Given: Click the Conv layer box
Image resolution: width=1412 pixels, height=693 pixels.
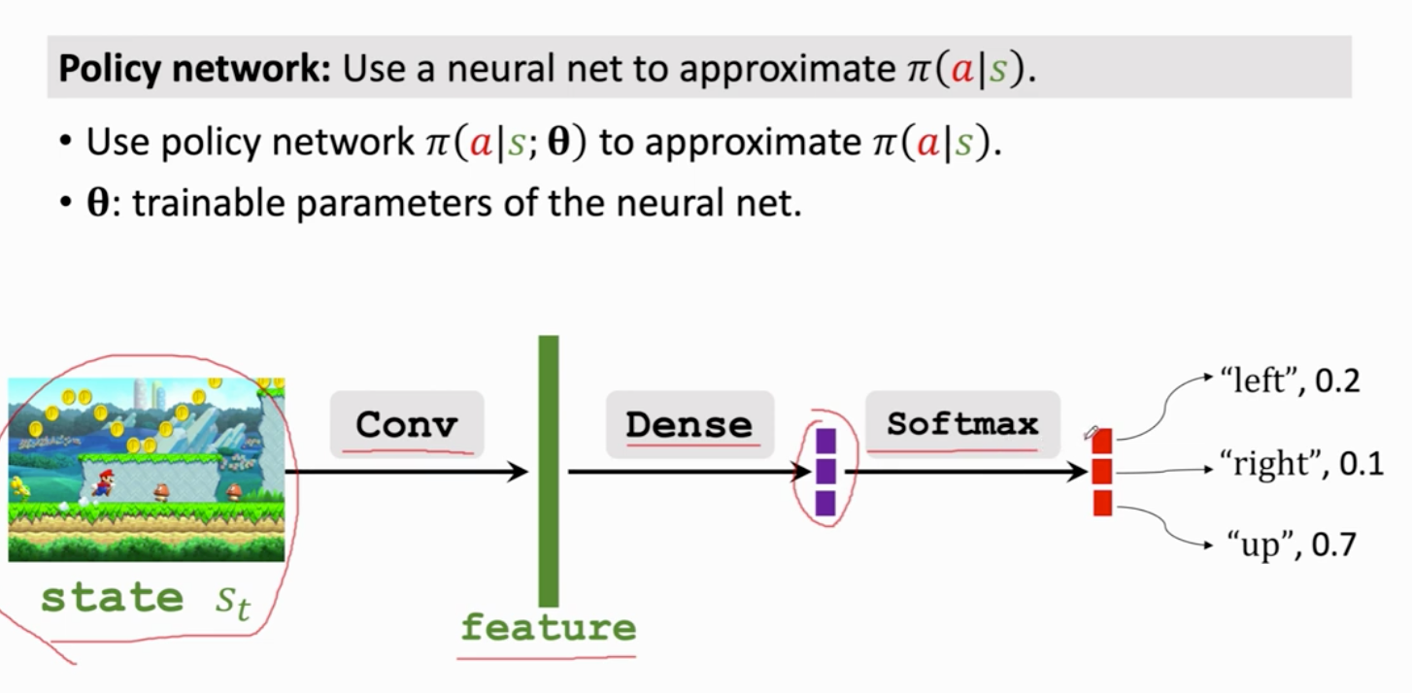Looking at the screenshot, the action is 407,424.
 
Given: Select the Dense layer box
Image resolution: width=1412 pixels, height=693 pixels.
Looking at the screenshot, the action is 689,424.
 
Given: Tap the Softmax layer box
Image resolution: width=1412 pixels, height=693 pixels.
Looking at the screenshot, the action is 962,423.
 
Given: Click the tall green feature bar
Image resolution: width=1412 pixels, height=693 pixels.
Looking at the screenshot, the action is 549,472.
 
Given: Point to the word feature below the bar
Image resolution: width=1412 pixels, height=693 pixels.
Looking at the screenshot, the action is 549,628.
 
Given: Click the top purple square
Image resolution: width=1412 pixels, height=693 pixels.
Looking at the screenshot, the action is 825,441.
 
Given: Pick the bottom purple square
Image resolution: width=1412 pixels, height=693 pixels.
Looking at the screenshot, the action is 825,504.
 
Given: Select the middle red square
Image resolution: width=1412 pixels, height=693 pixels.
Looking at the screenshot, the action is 1102,472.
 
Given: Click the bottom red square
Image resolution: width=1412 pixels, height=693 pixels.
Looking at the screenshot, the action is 1102,504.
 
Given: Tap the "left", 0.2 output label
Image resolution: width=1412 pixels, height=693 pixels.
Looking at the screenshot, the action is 1290,380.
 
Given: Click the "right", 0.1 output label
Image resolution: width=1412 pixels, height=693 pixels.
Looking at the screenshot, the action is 1301,464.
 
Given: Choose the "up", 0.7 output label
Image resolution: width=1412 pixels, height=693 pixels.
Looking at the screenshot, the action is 1292,544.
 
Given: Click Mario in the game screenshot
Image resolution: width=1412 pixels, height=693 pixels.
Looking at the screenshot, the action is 103,483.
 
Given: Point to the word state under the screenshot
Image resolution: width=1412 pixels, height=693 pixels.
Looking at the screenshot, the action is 113,598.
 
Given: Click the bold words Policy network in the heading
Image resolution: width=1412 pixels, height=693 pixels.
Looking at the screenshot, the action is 194,68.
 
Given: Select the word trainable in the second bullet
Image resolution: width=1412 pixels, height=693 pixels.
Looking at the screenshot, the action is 210,204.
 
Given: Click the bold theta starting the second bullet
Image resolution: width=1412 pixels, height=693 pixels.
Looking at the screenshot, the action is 98,203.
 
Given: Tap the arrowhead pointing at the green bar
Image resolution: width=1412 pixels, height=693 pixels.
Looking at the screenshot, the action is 519,472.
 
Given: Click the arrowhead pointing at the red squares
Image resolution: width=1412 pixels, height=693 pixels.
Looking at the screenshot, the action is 1078,472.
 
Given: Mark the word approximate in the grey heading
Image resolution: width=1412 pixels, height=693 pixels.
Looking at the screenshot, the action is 787,69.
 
